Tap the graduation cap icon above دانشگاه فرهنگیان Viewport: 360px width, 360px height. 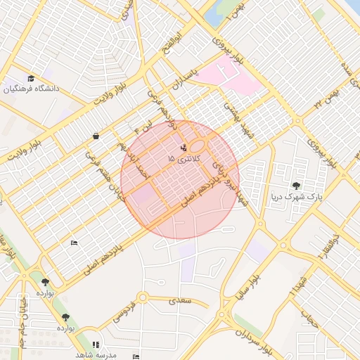pos(31,78)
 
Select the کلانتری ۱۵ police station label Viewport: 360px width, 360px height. pos(185,160)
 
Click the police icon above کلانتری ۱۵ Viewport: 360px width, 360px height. pos(184,148)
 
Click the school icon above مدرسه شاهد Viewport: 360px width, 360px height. pos(96,345)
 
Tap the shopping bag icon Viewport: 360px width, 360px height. pos(96,136)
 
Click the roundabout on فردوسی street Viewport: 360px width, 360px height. pos(143,298)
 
